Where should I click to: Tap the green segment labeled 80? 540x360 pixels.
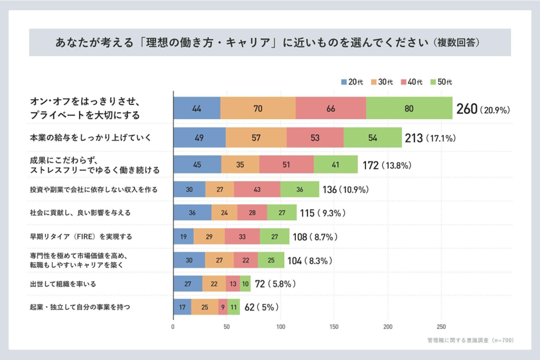click(x=408, y=109)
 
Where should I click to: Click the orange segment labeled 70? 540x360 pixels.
click(x=257, y=109)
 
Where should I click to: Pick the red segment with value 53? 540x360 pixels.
click(x=314, y=138)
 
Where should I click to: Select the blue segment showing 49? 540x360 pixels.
click(x=199, y=138)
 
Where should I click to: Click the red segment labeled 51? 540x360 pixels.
click(x=286, y=165)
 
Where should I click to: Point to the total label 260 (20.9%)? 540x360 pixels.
click(x=483, y=109)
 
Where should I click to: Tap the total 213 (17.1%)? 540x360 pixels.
click(x=430, y=138)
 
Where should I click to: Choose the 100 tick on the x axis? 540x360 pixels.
click(x=280, y=328)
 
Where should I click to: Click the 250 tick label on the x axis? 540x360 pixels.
click(x=441, y=328)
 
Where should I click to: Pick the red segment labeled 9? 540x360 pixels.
click(x=222, y=307)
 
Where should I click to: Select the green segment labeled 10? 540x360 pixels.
click(x=245, y=284)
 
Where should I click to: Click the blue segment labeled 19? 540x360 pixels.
click(x=183, y=236)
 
